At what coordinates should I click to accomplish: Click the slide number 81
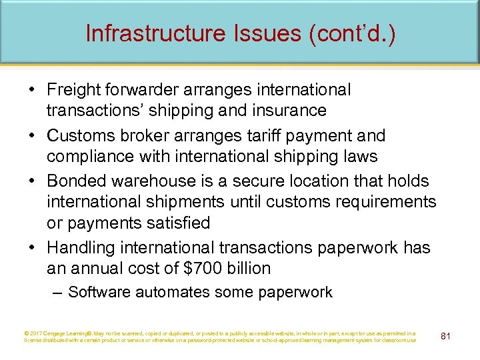pyautogui.click(x=446, y=335)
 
